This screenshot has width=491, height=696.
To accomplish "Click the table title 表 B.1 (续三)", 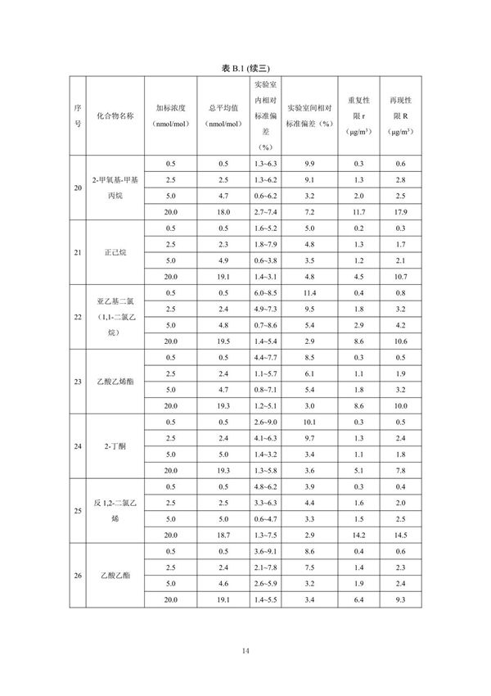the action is tap(245, 68).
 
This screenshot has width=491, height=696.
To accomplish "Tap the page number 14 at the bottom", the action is tap(245, 651).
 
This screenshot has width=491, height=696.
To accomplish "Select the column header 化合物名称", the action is tap(115, 115).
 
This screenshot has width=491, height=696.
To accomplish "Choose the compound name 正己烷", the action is tap(115, 252).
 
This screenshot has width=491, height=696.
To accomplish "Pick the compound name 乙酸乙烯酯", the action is tap(115, 382).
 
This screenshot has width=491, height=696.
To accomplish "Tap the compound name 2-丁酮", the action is tap(115, 446).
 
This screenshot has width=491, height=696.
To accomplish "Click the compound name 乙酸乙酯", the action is tap(115, 576).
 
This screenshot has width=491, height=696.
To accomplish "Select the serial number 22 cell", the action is tap(78, 317).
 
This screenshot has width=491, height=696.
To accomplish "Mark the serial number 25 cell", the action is tap(78, 511).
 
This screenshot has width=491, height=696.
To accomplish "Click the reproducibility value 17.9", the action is tap(400, 211).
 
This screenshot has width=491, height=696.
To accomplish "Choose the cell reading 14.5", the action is tap(400, 535).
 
